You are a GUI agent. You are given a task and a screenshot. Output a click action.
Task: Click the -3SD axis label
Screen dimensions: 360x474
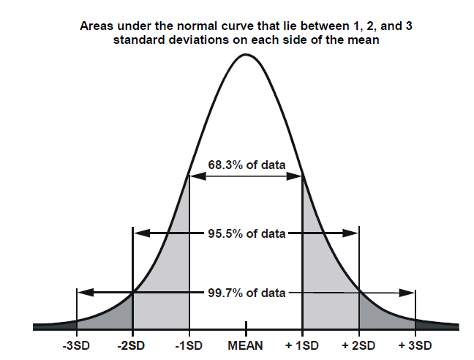point(76,344)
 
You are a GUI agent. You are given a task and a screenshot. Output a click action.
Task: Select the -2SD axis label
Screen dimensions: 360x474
point(132,344)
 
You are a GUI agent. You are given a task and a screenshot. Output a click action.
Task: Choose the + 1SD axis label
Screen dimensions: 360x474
point(302,344)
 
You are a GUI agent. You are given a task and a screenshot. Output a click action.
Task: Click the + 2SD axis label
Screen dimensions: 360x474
point(358,344)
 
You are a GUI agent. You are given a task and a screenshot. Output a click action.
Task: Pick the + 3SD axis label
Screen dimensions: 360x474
point(415,344)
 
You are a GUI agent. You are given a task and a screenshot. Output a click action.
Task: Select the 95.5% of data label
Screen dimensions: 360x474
point(246,234)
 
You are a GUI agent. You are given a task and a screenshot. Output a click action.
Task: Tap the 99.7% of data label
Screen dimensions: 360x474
point(246,293)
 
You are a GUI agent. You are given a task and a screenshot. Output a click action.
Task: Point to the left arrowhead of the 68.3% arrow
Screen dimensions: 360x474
point(195,176)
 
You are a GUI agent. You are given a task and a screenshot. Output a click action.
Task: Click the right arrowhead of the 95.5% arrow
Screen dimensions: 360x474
point(353,234)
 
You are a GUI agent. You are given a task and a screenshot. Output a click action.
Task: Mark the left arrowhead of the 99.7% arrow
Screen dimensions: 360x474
point(83,292)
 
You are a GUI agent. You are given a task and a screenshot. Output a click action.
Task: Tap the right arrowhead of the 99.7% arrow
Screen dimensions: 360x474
point(409,292)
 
